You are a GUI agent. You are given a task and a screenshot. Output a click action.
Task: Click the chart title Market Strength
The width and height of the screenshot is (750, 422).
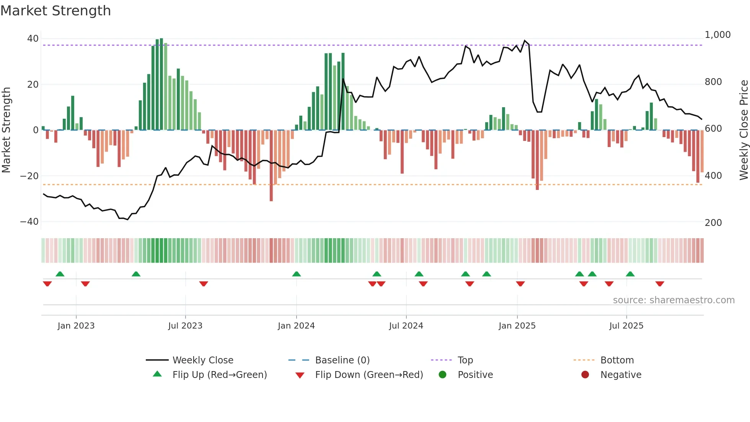pyautogui.click(x=55, y=11)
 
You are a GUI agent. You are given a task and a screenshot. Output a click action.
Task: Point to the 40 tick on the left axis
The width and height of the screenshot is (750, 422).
pyautogui.click(x=33, y=39)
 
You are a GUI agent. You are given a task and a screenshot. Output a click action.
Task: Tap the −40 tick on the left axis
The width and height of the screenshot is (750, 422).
pyautogui.click(x=29, y=222)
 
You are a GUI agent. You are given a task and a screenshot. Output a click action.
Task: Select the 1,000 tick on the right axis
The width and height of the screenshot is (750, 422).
pyautogui.click(x=717, y=35)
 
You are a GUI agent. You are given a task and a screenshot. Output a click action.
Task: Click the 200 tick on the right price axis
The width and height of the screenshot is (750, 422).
pyautogui.click(x=713, y=223)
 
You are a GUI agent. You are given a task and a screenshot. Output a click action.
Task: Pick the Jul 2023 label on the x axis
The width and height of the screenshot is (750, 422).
pyautogui.click(x=185, y=326)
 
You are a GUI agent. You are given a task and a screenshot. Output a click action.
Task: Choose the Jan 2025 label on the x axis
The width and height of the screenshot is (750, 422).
pyautogui.click(x=517, y=326)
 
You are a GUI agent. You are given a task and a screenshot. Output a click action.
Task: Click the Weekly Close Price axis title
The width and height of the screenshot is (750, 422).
pyautogui.click(x=743, y=130)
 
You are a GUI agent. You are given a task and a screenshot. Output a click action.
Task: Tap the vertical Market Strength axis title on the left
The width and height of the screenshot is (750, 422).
pyautogui.click(x=7, y=130)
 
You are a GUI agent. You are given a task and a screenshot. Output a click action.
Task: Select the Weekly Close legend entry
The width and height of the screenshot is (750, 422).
pyautogui.click(x=202, y=360)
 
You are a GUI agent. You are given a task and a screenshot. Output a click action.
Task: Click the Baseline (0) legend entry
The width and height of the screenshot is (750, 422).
pyautogui.click(x=342, y=360)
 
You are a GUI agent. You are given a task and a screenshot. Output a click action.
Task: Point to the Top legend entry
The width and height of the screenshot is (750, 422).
pyautogui.click(x=465, y=360)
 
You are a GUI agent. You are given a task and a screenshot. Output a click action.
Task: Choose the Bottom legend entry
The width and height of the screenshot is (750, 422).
pyautogui.click(x=617, y=360)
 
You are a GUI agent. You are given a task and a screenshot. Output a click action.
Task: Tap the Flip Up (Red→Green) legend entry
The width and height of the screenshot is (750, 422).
pyautogui.click(x=219, y=375)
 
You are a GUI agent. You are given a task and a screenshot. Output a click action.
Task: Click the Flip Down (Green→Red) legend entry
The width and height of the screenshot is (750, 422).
pyautogui.click(x=369, y=375)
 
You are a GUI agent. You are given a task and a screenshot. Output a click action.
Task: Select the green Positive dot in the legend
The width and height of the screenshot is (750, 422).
pyautogui.click(x=443, y=375)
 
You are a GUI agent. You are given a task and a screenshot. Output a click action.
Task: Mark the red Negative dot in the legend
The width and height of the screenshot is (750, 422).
pyautogui.click(x=585, y=375)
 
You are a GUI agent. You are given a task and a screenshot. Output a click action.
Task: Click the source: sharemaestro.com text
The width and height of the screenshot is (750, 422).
pyautogui.click(x=673, y=300)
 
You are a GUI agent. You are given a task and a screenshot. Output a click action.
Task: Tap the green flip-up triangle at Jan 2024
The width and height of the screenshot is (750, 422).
pyautogui.click(x=297, y=274)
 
